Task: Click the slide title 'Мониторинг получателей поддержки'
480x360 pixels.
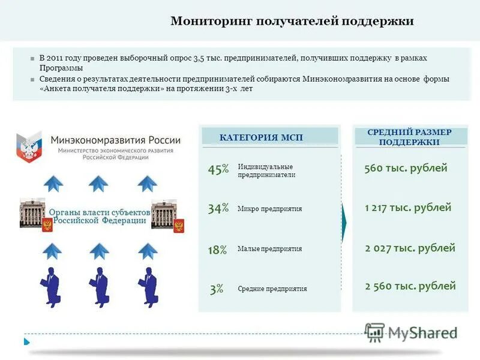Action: [292, 22]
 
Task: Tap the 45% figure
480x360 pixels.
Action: [218, 170]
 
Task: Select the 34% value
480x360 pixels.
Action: [218, 209]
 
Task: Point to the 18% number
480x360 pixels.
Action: [217, 250]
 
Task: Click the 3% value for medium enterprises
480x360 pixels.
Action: [217, 289]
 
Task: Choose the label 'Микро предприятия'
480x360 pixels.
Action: [269, 209]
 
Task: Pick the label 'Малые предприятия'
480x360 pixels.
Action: [269, 249]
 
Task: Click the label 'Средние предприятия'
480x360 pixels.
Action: [272, 289]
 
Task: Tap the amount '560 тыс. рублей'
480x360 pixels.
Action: [406, 168]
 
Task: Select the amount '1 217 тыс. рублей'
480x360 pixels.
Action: [408, 208]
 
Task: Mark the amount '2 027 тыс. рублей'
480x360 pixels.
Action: [410, 248]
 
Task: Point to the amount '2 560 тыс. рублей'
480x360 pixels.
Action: [410, 286]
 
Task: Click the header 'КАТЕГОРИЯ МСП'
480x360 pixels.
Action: [261, 137]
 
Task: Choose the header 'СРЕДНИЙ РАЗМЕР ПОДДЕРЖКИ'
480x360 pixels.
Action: [409, 137]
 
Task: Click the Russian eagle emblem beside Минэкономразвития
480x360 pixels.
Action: [28, 147]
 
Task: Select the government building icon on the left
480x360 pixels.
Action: [32, 213]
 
